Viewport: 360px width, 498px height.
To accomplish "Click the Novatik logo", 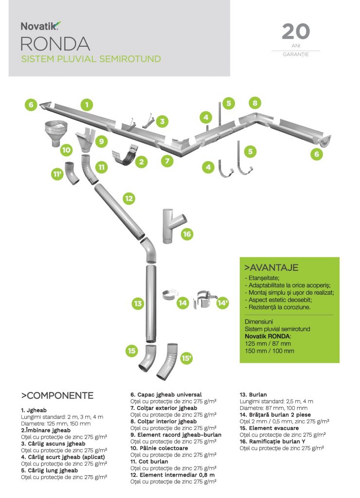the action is pos(41,26).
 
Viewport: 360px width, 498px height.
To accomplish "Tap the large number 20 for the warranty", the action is pos(295,32).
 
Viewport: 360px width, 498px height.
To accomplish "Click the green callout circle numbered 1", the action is pos(87,105).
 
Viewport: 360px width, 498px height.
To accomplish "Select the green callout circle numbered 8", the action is pos(255,103).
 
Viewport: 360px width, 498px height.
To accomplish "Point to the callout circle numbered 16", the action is pos(187,234).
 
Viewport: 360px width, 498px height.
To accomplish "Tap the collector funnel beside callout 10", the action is pos(56,133).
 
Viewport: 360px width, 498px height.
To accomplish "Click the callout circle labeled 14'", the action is pos(223,303).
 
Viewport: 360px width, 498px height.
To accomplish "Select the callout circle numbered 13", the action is pos(138,303).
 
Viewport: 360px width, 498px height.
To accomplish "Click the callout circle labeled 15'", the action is pos(186,358).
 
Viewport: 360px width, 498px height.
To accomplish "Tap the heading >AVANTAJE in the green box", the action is pos(271,267).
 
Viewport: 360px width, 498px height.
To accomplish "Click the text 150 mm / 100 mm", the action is pos(270,351).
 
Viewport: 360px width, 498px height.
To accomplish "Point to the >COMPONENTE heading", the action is pos(57,395).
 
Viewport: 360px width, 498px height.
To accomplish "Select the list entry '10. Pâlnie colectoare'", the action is pos(159,448).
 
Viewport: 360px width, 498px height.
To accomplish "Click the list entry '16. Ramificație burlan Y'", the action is pos(272,442).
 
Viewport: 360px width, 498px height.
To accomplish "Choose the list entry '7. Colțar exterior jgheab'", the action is pos(163,408).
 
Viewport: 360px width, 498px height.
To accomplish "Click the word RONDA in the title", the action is pos(55,44).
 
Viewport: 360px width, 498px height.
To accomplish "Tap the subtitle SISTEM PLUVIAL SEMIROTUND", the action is pos(91,59).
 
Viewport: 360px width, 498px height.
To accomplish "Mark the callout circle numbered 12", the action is pos(129,198).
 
